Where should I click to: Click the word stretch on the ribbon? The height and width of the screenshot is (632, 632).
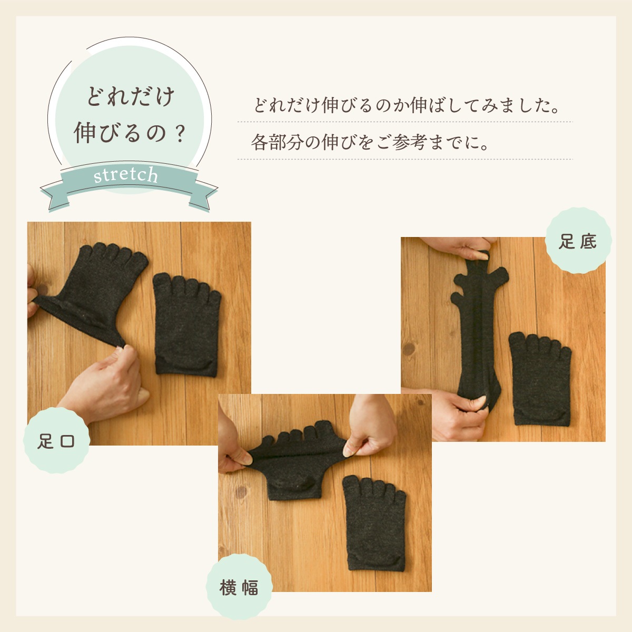(126, 175)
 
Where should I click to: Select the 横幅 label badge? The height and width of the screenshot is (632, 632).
(239, 587)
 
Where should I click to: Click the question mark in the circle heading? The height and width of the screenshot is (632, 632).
(180, 134)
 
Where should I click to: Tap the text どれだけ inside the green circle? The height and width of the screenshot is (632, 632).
(130, 97)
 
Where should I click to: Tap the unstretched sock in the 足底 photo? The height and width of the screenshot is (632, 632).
(540, 379)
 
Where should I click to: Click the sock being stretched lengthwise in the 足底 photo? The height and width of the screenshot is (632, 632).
(479, 328)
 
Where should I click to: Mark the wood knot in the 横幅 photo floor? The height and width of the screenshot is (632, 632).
(241, 492)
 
